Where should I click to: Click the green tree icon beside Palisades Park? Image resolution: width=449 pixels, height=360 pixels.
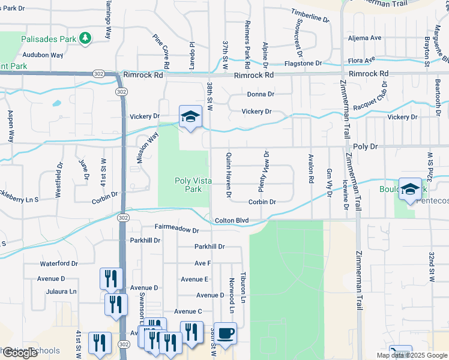click(86, 38)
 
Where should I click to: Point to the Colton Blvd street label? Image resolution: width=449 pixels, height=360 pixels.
click(232, 221)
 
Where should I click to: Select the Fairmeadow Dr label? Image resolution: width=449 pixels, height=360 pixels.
click(176, 229)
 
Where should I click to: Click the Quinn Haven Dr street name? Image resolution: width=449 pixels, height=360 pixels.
click(229, 173)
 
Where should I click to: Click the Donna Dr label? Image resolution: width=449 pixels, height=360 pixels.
click(261, 94)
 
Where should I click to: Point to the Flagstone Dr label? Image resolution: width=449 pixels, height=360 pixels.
click(303, 63)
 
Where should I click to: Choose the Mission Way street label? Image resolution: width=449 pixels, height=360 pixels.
click(147, 148)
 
